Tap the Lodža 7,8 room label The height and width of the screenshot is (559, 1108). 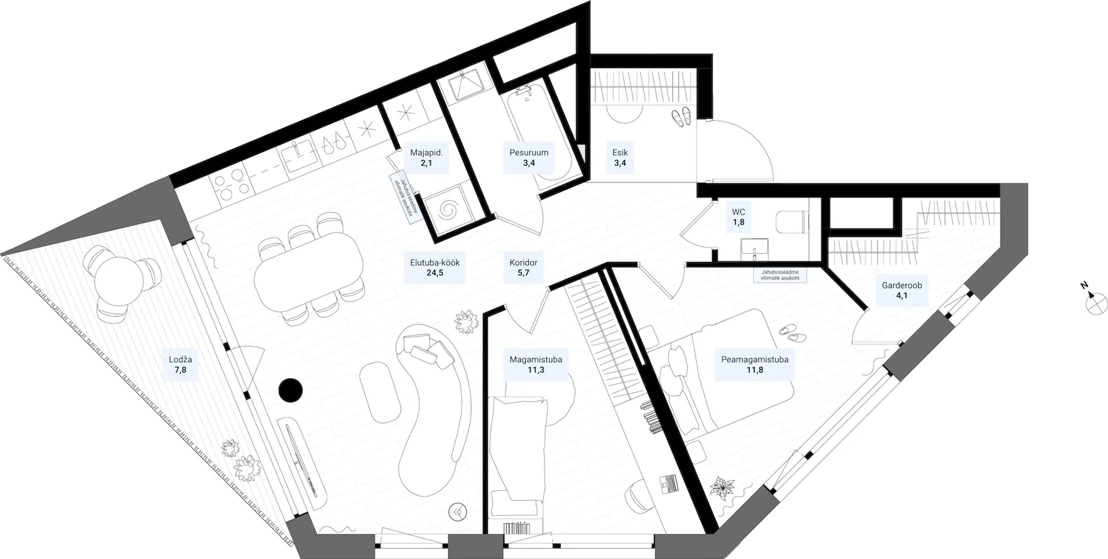pyautogui.click(x=181, y=365)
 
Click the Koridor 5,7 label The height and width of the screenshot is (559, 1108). pyautogui.click(x=524, y=268)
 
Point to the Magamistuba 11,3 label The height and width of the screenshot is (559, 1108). pyautogui.click(x=536, y=364)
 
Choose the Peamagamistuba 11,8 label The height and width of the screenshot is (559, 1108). pyautogui.click(x=754, y=364)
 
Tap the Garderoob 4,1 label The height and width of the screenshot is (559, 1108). pyautogui.click(x=902, y=291)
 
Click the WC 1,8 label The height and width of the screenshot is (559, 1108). pyautogui.click(x=738, y=217)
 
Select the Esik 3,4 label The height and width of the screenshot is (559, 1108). pyautogui.click(x=620, y=157)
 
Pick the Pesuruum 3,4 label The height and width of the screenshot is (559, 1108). pyautogui.click(x=529, y=157)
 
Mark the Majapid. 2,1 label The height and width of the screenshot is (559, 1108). pyautogui.click(x=426, y=157)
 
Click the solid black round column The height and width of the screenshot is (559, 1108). pyautogui.click(x=290, y=389)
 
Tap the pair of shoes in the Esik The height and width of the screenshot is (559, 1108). pyautogui.click(x=681, y=118)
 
